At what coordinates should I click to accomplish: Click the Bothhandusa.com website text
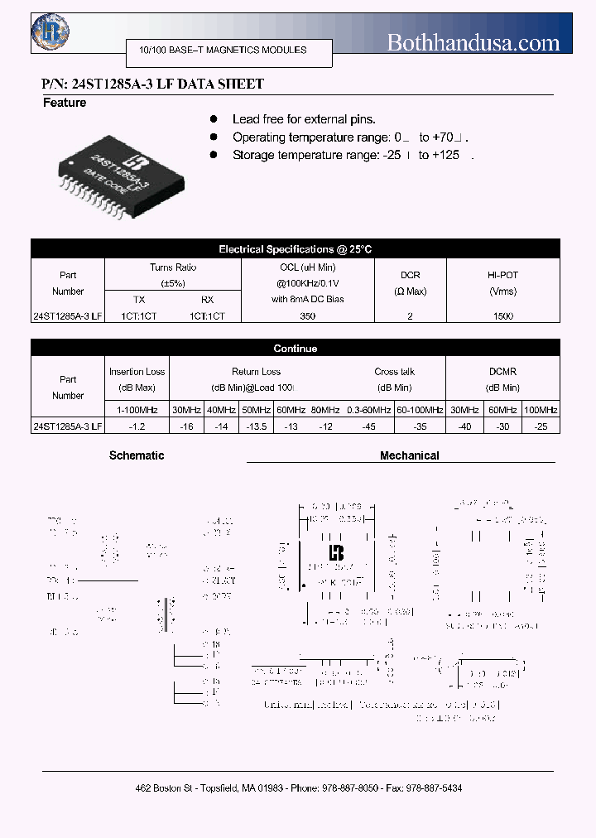[x=473, y=43]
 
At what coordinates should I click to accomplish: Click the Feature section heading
[x=65, y=104]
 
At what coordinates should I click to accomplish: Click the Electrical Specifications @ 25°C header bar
[x=296, y=248]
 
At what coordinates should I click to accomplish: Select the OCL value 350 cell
[x=308, y=316]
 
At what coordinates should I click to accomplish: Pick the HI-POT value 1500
[x=502, y=316]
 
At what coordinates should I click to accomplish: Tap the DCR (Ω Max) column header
[x=410, y=283]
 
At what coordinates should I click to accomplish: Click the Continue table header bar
[x=296, y=349]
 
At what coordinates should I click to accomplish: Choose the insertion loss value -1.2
[x=137, y=426]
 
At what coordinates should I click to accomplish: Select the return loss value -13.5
[x=257, y=426]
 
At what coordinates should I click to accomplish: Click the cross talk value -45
[x=369, y=426]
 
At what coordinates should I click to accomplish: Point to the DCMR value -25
[x=541, y=426]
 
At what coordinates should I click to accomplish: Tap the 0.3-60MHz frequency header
[x=369, y=410]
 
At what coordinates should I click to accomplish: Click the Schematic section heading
[x=137, y=455]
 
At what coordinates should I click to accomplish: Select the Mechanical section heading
[x=409, y=455]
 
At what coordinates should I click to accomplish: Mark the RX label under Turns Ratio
[x=207, y=300]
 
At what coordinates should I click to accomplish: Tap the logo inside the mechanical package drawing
[x=336, y=552]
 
